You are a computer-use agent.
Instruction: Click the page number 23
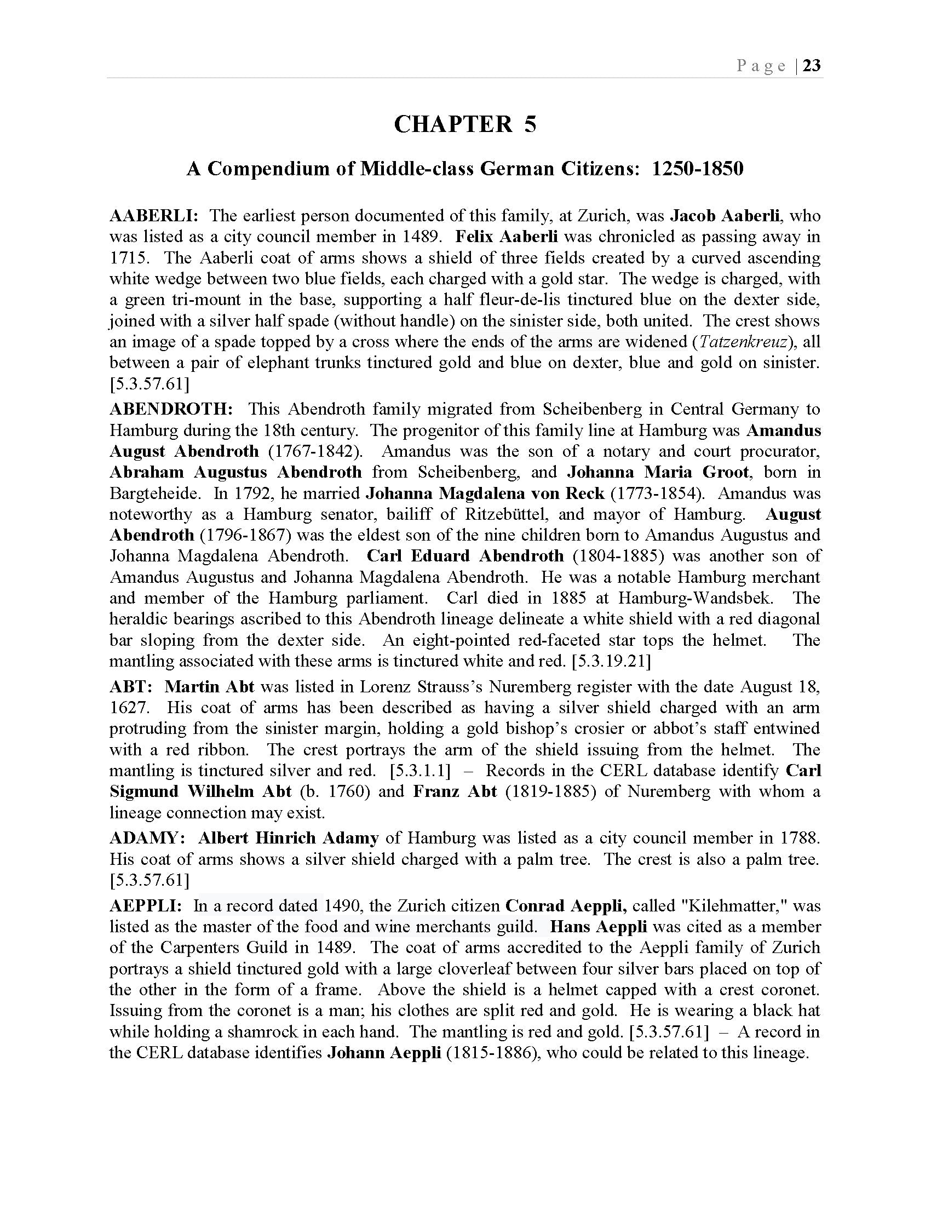(812, 66)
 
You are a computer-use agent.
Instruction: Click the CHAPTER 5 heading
(465, 124)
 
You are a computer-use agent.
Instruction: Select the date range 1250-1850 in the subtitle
(697, 168)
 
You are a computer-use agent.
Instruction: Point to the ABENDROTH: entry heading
(171, 409)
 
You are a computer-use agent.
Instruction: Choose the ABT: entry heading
(131, 687)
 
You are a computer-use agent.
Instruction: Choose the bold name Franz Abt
(455, 792)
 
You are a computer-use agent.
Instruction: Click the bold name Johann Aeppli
(384, 1053)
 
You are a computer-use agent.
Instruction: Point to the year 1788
(800, 838)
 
